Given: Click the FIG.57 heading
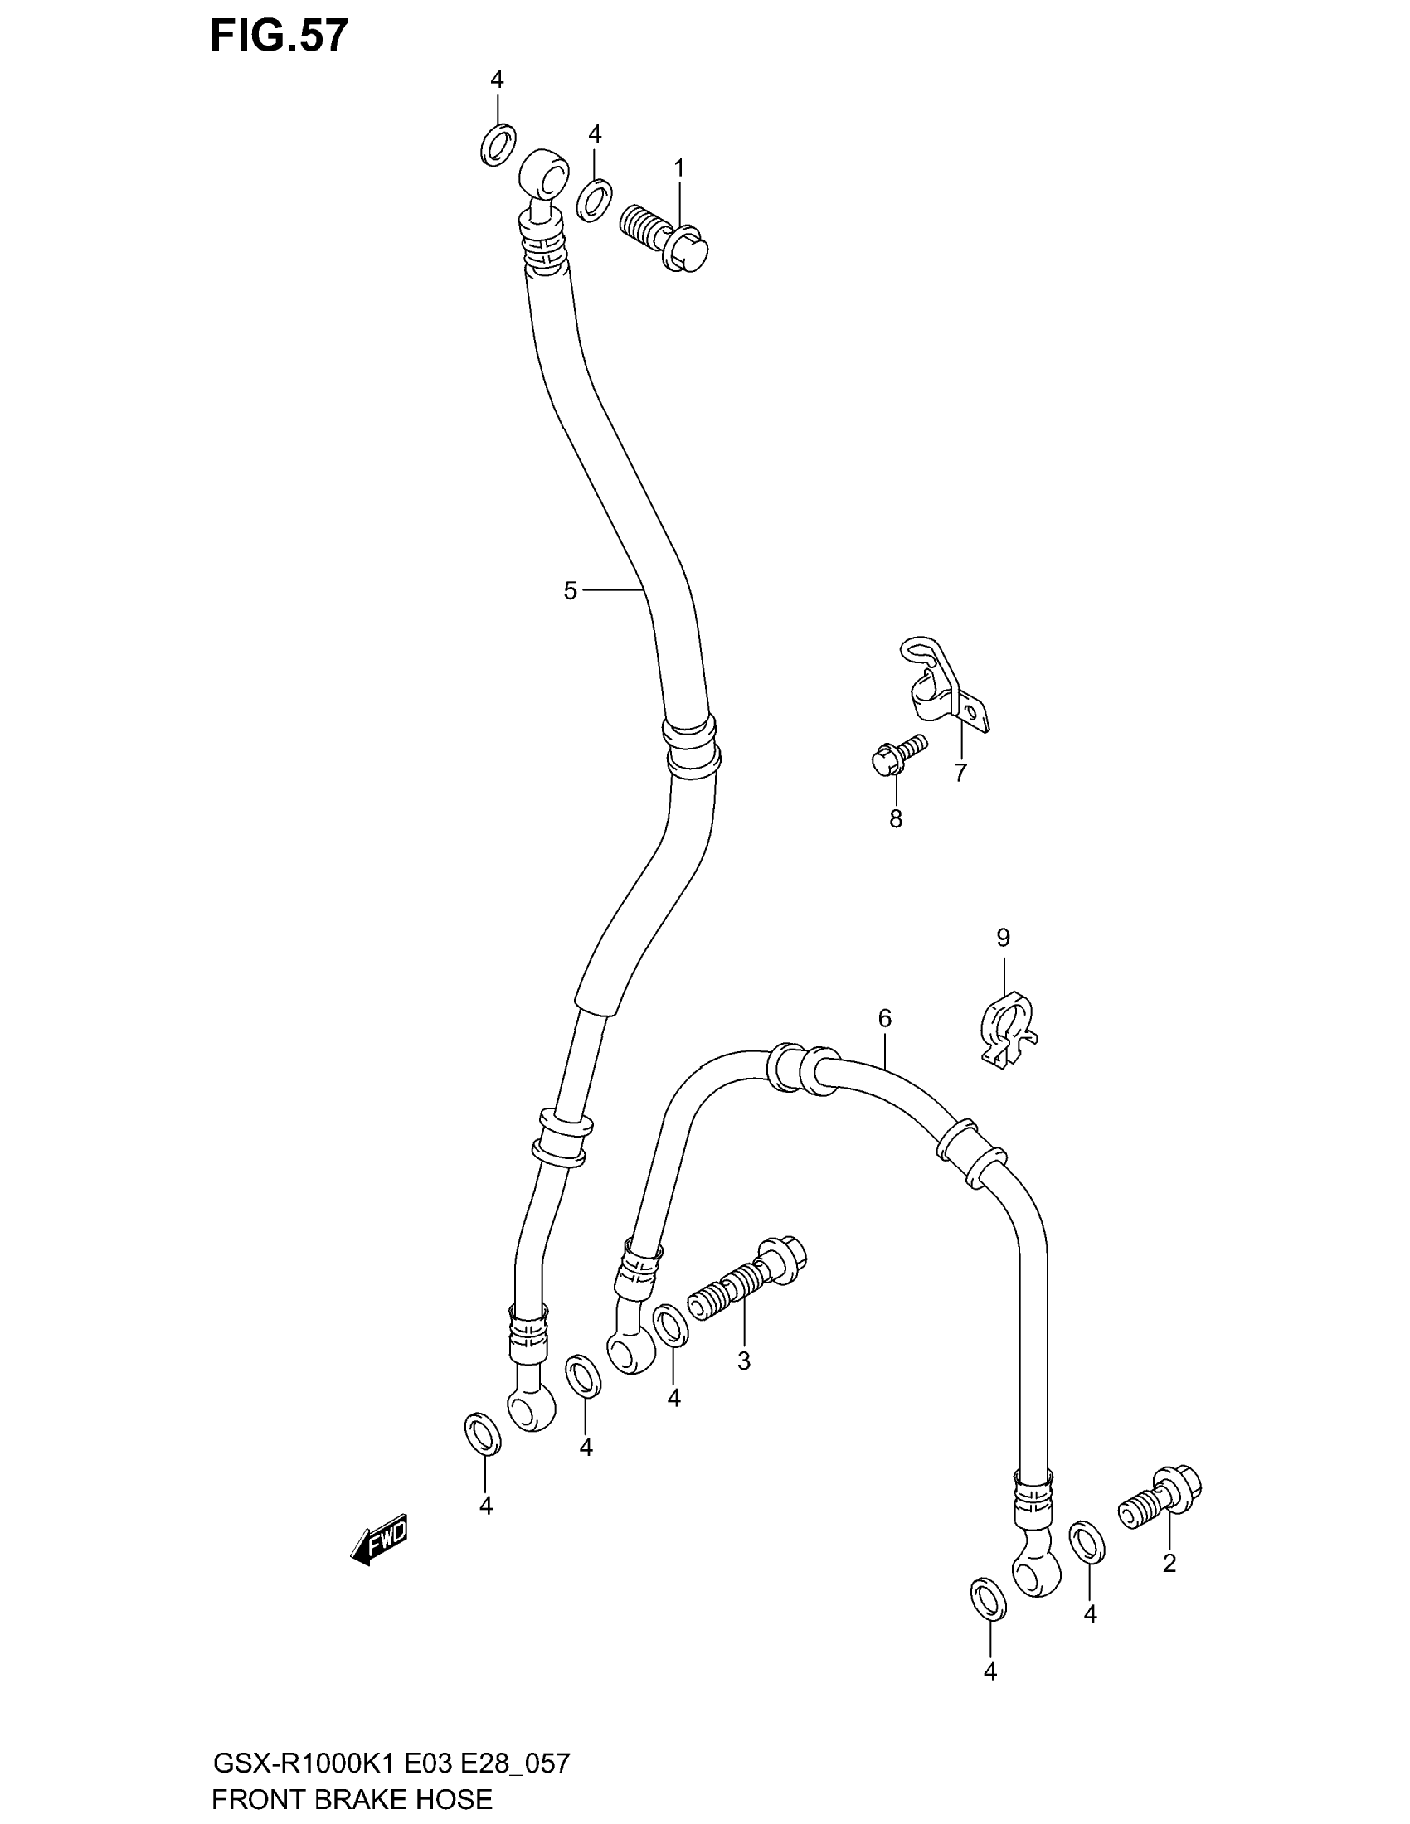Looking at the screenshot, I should coord(278,37).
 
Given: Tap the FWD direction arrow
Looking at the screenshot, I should coord(379,1540).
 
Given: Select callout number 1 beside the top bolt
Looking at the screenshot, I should coord(679,168).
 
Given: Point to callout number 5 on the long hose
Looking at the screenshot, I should coord(570,591).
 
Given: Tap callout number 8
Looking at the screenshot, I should coord(896,819).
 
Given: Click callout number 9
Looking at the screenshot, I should coord(1004,938).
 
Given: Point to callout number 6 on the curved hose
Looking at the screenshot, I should coord(885,1018).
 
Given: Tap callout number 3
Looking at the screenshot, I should coord(743,1362).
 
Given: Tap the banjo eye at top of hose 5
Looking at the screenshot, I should coord(544,173).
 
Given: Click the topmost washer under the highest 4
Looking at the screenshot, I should coord(498,144).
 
